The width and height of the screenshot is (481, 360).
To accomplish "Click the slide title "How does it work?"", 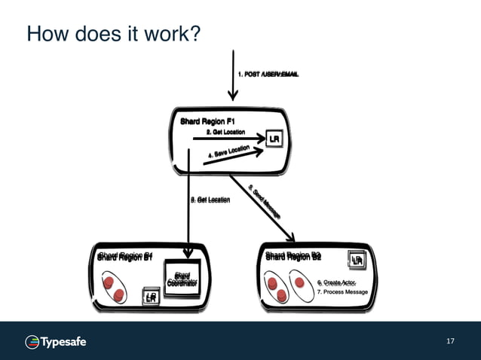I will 112,34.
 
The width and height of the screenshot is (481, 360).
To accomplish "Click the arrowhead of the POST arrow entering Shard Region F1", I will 234,95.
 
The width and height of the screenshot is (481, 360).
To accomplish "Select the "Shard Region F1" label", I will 208,121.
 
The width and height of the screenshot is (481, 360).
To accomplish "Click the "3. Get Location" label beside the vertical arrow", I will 210,200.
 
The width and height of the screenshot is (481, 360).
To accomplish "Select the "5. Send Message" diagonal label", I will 263,200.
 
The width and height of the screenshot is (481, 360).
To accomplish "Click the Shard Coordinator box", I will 182,280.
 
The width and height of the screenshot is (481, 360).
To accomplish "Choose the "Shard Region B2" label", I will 293,256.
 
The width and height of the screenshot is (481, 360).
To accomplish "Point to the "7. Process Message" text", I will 342,291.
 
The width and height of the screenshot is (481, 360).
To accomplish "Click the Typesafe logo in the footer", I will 57,342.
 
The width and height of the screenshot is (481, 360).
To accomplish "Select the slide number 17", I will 450,342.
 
